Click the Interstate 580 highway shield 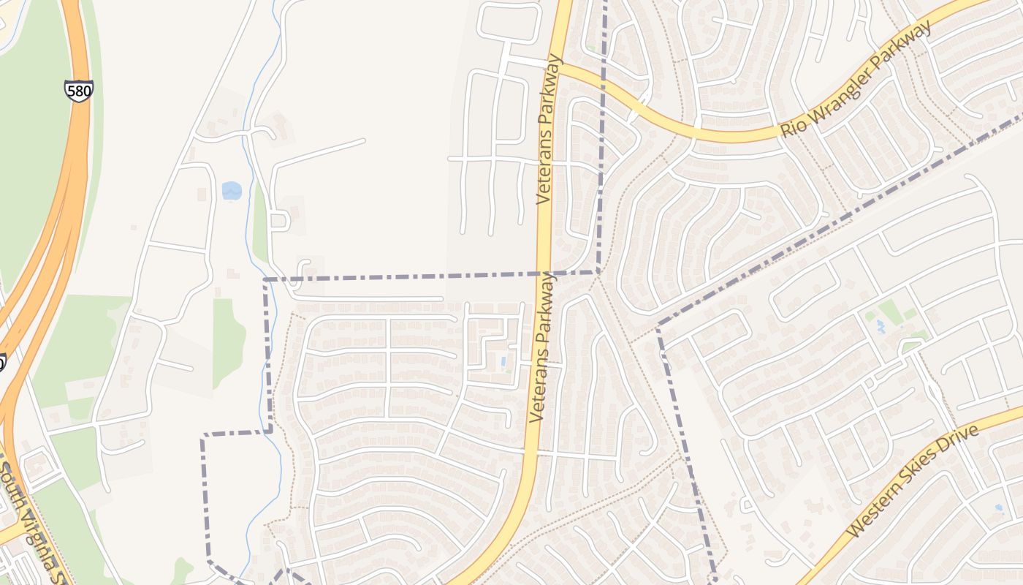[78, 91]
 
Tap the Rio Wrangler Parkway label [856, 78]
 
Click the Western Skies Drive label [913, 482]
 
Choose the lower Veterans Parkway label [541, 348]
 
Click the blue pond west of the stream [232, 191]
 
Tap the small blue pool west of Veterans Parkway [503, 361]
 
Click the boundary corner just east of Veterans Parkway [599, 272]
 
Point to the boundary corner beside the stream [265, 279]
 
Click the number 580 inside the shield [78, 91]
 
